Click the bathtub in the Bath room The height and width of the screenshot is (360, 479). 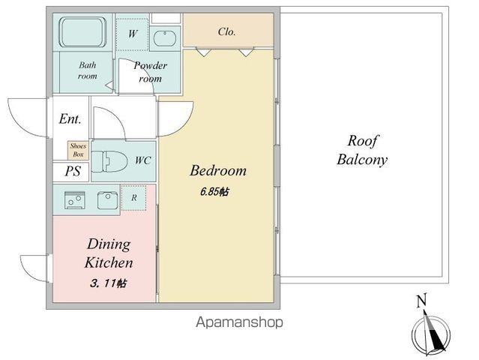pyautogui.click(x=82, y=32)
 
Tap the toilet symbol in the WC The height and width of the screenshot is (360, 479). pyautogui.click(x=109, y=161)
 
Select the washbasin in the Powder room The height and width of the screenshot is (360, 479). pyautogui.click(x=165, y=39)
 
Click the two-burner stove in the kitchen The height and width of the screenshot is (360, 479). pyautogui.click(x=75, y=200)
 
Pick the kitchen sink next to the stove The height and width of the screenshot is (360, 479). pyautogui.click(x=107, y=200)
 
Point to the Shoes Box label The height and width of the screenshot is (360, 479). pyautogui.click(x=78, y=150)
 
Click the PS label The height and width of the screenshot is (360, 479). pyautogui.click(x=73, y=171)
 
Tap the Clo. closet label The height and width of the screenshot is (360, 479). pyautogui.click(x=226, y=31)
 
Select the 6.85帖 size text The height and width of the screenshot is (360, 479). pyautogui.click(x=214, y=192)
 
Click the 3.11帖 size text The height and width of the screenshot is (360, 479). pyautogui.click(x=108, y=283)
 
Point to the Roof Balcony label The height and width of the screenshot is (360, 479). pyautogui.click(x=362, y=150)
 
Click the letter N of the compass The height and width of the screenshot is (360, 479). pyautogui.click(x=421, y=301)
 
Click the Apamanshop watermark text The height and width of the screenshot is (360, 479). pyautogui.click(x=239, y=322)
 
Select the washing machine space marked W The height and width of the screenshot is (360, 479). pyautogui.click(x=132, y=34)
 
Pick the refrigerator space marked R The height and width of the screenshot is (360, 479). pyautogui.click(x=133, y=198)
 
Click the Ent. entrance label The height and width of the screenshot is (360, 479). pyautogui.click(x=70, y=119)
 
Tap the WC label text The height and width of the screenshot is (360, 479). pyautogui.click(x=143, y=160)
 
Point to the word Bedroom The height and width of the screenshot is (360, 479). pyautogui.click(x=218, y=170)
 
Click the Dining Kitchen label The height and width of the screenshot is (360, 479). pyautogui.click(x=109, y=253)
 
